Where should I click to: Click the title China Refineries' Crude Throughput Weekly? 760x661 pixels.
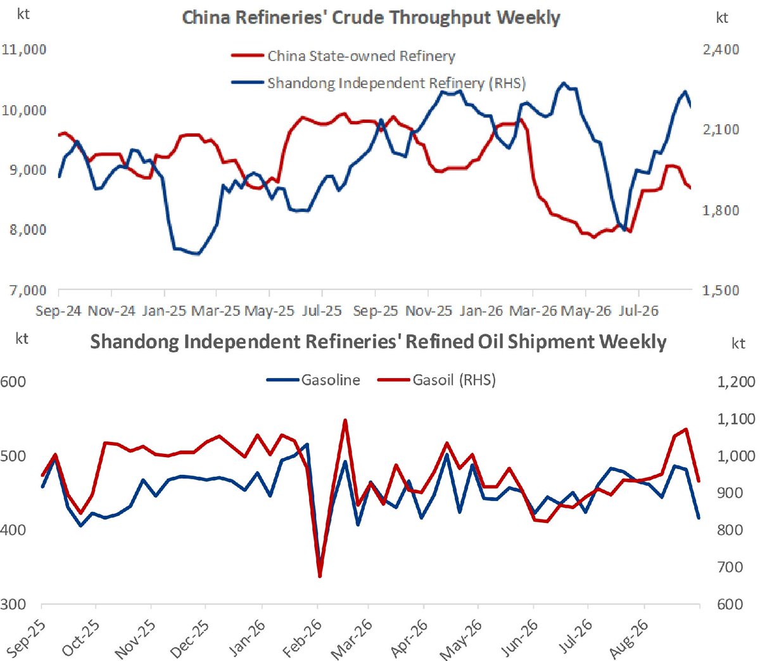[370, 18]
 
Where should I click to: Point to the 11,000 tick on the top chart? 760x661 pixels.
[24, 49]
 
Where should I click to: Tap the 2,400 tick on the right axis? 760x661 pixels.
[721, 49]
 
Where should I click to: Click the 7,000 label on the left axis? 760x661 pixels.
[28, 289]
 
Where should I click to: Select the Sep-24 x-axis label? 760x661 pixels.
[58, 310]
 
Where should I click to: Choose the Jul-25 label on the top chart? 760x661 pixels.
[322, 310]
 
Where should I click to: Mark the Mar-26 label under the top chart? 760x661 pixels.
[533, 310]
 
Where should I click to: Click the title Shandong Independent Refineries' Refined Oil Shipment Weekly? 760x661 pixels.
[378, 342]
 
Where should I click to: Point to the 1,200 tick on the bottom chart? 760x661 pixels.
[736, 381]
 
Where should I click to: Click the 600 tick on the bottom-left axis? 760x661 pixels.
[13, 381]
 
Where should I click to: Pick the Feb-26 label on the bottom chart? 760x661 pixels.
[301, 643]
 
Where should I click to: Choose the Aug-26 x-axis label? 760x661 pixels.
[628, 643]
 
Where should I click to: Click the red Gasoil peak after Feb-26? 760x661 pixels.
[345, 420]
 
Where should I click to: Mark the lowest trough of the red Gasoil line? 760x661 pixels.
[320, 577]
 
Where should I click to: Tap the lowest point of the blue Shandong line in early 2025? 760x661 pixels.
[198, 255]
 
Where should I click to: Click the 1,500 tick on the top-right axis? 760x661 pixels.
[720, 289]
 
